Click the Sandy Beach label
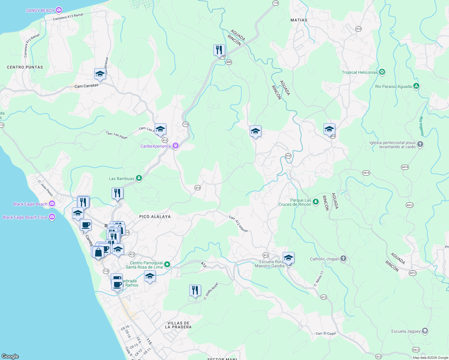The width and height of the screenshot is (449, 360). coord(40,10)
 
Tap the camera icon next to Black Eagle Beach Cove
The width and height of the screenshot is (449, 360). coord(52,217)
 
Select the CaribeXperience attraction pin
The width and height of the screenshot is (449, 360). coord(176,146)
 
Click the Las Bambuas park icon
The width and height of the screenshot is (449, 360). coord(139,178)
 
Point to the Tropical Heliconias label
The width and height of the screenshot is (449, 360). coord(360,72)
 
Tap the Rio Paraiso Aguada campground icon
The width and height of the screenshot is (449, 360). coord(416,86)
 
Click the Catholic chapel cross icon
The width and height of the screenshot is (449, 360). coord(343,259)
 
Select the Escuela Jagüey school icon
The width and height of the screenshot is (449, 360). coord(425,331)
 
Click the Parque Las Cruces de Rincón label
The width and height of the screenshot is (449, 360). coord(295,202)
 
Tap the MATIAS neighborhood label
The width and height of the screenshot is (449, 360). coord(299,20)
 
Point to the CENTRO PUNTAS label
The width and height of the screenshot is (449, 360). coord(25,67)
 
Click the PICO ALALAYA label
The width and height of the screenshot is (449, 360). coord(155,216)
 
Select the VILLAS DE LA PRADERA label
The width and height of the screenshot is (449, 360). coord(178,325)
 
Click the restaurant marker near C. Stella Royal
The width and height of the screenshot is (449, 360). coord(195,290)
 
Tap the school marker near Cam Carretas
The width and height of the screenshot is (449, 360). coord(100,74)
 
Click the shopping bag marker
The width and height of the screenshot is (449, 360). coord(98,252)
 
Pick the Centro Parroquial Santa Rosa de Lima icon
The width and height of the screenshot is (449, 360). coord(167,265)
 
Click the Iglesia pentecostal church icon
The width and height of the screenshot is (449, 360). coord(420,144)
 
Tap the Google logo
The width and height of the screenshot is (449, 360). coord(10,356)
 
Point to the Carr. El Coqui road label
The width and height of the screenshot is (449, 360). coord(326,333)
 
